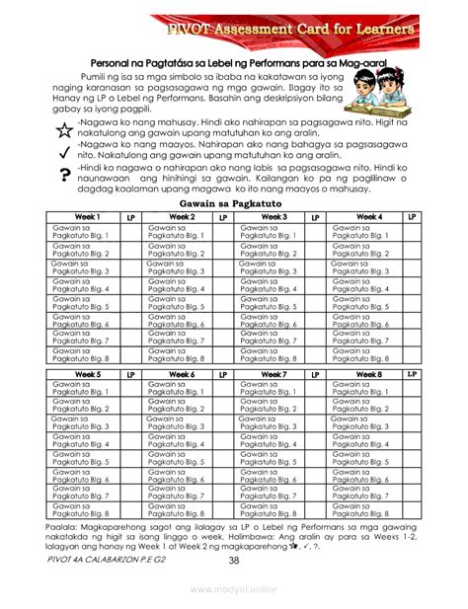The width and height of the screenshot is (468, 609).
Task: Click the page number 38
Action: (234, 561)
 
